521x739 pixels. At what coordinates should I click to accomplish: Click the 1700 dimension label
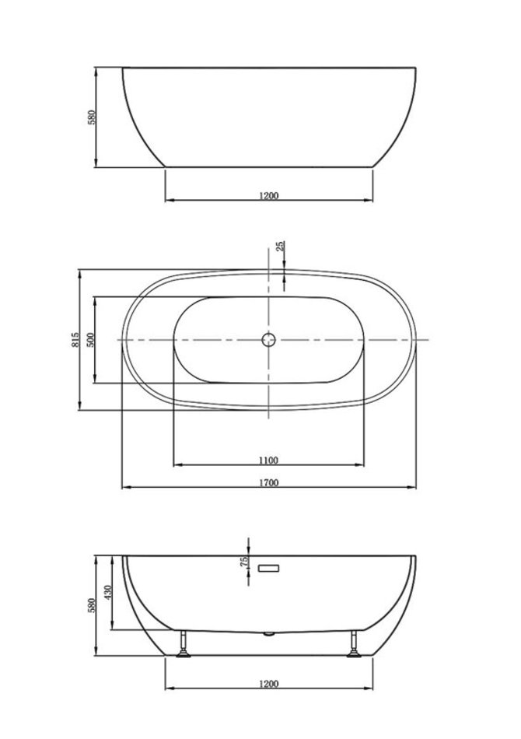tap(268, 482)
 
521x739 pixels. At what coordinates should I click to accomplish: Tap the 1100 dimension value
tap(268, 460)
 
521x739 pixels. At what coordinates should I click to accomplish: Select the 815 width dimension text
tap(75, 340)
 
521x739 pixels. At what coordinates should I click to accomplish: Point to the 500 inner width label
tap(90, 340)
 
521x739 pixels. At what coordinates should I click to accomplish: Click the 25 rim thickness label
tap(280, 246)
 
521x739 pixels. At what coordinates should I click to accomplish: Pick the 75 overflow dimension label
tap(244, 562)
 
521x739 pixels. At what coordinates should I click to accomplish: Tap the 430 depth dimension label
tap(108, 593)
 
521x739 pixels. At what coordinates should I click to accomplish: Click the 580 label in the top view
tap(92, 117)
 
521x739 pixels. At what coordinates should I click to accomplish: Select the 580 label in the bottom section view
tap(92, 606)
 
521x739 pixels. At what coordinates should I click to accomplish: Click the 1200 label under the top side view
tap(269, 195)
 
